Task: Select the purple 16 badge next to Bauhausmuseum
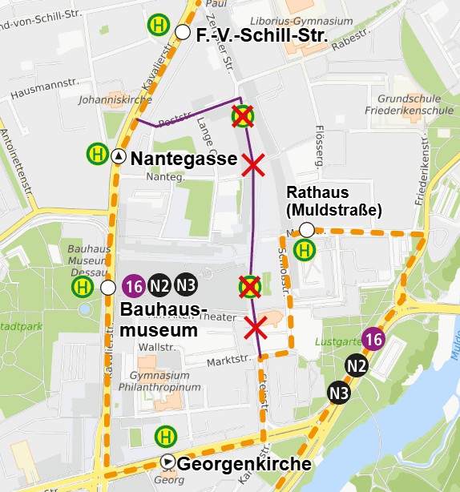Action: coord(134,285)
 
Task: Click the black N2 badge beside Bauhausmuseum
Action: coord(160,285)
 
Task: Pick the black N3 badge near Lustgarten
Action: coord(339,393)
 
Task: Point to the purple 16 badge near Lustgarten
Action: coord(373,339)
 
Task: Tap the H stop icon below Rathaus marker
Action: coord(305,250)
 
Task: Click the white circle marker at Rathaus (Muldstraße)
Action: coord(306,231)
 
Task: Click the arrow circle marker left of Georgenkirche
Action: coord(167,462)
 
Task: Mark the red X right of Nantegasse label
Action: coord(254,166)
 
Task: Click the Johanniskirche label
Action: coord(104,102)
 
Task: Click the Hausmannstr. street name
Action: coord(40,89)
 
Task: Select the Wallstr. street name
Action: coord(155,347)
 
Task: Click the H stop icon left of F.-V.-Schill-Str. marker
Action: coord(158,25)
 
